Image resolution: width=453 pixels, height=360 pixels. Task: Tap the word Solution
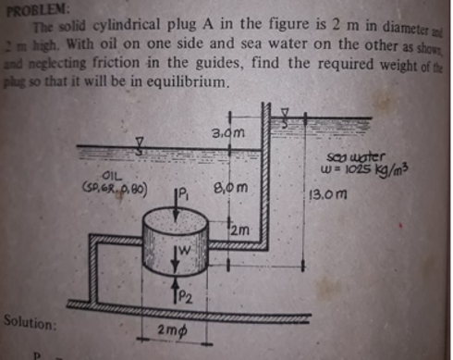(x=28, y=325)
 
